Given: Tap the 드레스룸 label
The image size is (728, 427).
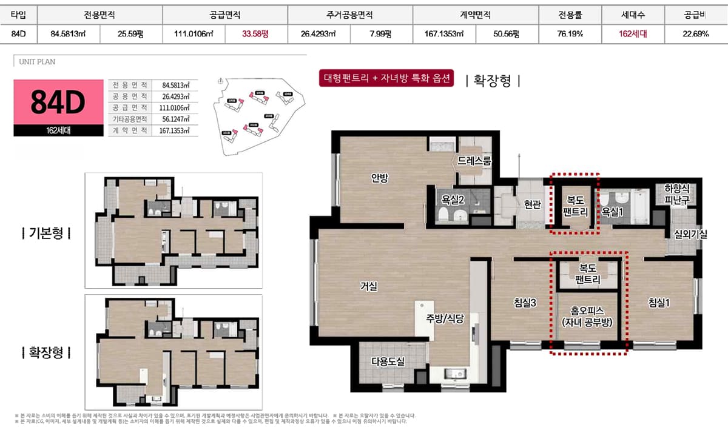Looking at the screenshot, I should point(474,161).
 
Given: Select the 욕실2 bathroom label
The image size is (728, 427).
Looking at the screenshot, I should point(453,199).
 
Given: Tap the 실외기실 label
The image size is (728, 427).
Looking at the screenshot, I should point(686,234).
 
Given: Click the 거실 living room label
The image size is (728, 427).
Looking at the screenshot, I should point(369,286).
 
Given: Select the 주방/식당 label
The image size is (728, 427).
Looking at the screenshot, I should point(444,318).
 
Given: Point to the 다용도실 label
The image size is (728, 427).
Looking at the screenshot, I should point(388,361).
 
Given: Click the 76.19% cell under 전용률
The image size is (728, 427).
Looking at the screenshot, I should point(570,34).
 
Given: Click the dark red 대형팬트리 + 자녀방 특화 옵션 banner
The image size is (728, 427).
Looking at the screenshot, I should point(387,79).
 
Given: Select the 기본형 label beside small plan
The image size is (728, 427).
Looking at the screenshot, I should point(46,233).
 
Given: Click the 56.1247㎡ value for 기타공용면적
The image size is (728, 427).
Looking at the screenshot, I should point(176,119).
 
